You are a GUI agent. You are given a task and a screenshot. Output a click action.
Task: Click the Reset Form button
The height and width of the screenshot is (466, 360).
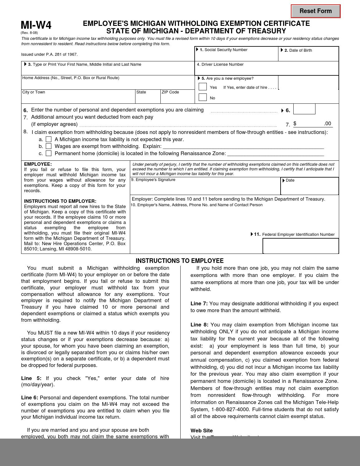[x=315, y=11]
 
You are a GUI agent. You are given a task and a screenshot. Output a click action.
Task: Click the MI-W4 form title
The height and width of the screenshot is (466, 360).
[x=36, y=25]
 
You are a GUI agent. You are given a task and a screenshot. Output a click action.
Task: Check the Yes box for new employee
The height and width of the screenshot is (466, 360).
[x=203, y=87]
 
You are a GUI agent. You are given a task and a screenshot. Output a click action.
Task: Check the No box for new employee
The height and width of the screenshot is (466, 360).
[x=203, y=97]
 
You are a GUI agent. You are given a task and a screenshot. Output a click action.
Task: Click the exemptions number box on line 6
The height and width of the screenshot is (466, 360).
[x=304, y=109]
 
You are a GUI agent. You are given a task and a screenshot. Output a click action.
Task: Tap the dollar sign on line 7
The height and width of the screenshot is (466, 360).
[x=295, y=124]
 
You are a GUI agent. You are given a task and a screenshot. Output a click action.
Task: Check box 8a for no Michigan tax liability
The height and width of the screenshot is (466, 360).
[x=49, y=139]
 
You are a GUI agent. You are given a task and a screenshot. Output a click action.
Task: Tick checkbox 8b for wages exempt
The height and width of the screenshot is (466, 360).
[x=49, y=146]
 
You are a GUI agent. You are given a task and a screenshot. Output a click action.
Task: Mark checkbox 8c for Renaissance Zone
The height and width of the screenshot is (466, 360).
[x=49, y=153]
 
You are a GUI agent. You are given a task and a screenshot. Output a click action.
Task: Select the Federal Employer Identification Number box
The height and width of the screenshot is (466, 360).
[x=301, y=246]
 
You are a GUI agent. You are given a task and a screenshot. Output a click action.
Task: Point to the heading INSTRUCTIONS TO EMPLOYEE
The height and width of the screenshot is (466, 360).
[x=180, y=261]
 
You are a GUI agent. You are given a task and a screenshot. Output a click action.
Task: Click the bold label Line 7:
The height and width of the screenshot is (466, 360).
[x=199, y=303]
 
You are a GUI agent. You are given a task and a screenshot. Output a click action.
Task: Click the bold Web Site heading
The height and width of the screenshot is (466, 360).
[x=201, y=430]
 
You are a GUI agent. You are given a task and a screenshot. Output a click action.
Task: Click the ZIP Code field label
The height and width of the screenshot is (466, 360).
[x=170, y=92]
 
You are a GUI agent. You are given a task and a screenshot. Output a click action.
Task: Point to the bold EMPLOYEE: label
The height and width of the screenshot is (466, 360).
[x=38, y=164]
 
